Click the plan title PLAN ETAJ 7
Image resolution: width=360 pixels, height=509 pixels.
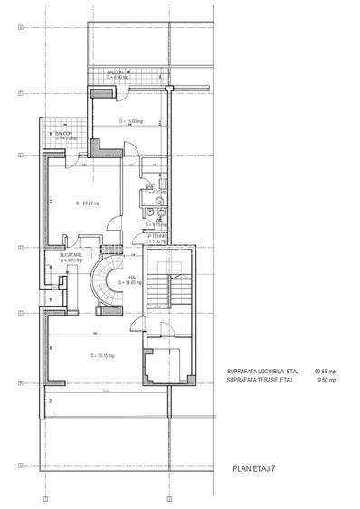click(x=256, y=469)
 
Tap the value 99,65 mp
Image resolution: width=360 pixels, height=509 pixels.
click(x=324, y=371)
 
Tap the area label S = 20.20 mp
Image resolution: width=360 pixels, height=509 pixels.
click(x=88, y=203)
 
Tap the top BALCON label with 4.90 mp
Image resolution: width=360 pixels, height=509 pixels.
click(x=117, y=73)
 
